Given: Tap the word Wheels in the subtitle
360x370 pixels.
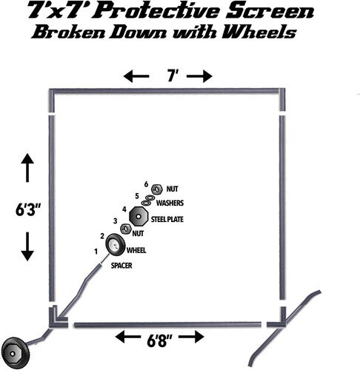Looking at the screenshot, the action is tap(260, 33).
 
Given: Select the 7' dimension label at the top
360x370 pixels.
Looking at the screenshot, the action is tap(171, 75).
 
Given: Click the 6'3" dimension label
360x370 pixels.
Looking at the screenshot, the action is tap(28, 210).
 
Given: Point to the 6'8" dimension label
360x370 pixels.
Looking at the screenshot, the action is tap(159, 341).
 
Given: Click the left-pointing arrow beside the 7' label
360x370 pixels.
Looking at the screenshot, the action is tap(136, 76).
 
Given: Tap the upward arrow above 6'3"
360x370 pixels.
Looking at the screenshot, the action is tap(27, 168).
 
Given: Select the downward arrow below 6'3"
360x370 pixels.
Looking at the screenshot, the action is tap(27, 246).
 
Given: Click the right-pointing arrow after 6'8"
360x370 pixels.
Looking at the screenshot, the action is tap(191, 337).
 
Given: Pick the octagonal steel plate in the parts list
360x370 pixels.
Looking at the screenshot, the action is tap(139, 216).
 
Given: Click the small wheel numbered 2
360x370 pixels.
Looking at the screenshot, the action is tap(116, 244).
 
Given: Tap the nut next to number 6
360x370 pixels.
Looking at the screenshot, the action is tap(156, 189).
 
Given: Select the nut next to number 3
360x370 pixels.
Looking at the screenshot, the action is tap(125, 229).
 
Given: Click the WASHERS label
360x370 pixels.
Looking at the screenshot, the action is tap(170, 203).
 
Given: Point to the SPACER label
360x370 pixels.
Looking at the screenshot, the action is tap(121, 266).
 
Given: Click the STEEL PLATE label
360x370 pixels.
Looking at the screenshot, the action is tap(167, 219).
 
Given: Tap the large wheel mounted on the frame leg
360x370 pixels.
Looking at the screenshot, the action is tap(16, 353).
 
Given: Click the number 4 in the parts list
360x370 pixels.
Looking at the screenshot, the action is tap(124, 209).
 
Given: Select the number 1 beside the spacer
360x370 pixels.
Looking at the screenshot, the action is tap(96, 252).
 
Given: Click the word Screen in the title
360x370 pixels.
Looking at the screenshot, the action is tap(270, 12).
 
